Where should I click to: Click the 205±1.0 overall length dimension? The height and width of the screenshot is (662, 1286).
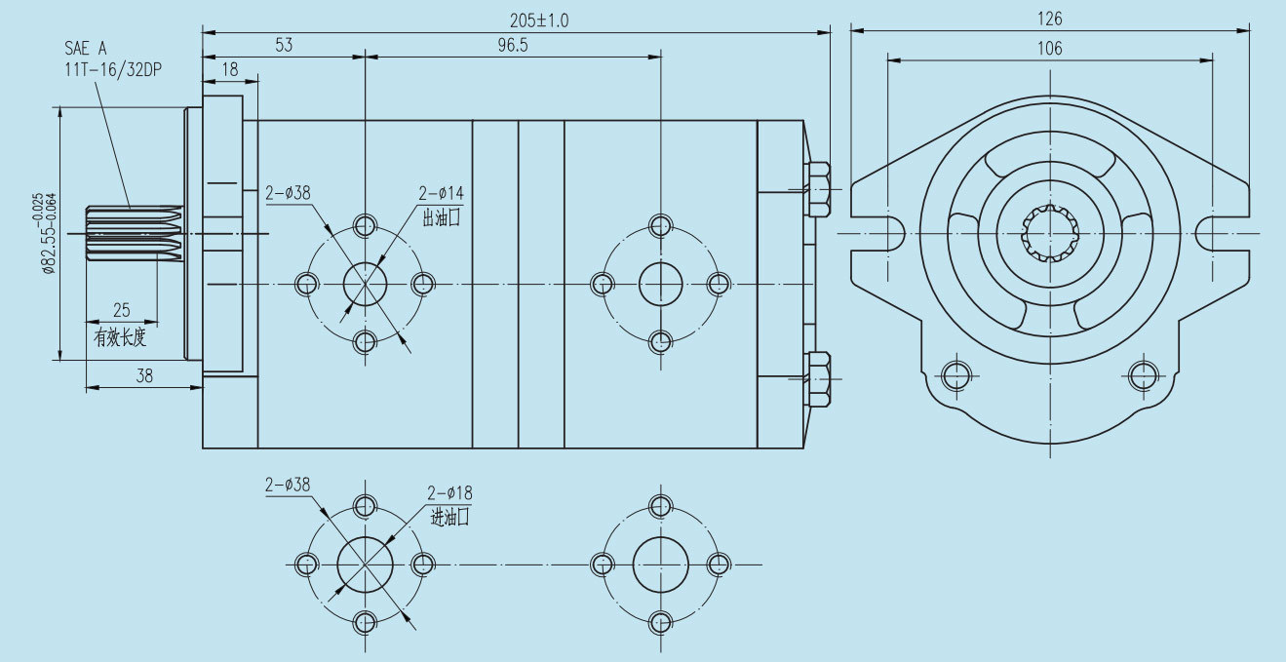539,19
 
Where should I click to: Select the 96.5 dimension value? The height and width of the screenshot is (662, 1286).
511,45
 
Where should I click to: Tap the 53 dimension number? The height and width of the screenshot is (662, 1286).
284,45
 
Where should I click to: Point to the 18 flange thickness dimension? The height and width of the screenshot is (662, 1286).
230,68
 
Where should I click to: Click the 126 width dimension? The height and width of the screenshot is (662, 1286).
1050,19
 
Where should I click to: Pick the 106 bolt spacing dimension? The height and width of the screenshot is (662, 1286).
1050,49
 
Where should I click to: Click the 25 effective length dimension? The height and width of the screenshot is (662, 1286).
122,310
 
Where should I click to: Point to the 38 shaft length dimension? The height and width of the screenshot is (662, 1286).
144,376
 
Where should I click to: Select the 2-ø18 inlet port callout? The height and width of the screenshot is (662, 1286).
449,493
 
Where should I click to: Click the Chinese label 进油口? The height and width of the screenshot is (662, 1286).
449,518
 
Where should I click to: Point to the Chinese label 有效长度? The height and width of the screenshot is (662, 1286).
120,338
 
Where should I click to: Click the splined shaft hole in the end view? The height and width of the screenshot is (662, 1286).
1050,234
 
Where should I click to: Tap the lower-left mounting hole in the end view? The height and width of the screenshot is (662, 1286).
955,374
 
